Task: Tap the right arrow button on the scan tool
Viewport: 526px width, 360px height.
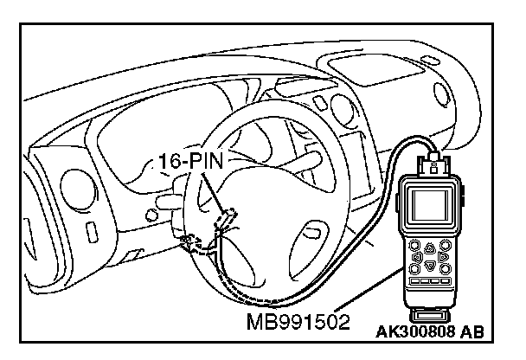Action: click(x=442, y=256)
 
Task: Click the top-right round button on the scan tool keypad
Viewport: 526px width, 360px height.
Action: click(x=445, y=243)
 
